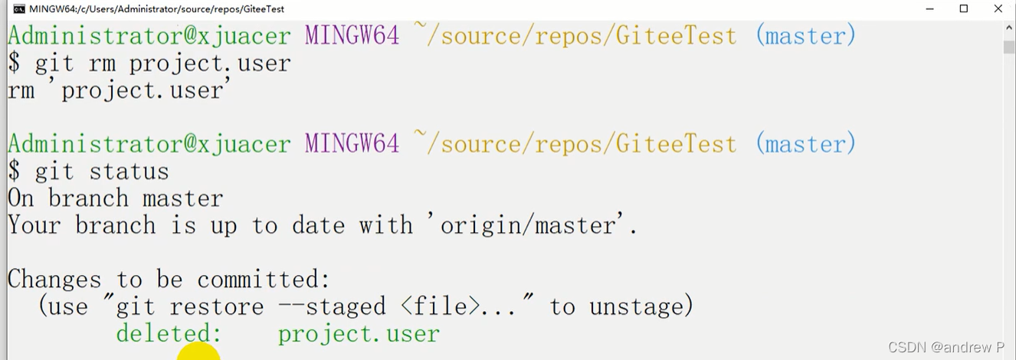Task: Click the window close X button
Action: click(998, 9)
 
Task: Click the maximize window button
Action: click(964, 9)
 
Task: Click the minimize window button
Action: click(929, 9)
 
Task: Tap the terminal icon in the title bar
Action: click(18, 9)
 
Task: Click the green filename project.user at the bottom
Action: click(359, 334)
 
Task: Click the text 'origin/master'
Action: click(529, 226)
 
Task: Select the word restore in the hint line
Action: click(217, 307)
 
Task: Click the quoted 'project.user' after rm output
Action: click(143, 90)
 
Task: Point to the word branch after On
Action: click(88, 199)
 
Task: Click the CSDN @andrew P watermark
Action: click(946, 347)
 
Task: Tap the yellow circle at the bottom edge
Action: click(198, 353)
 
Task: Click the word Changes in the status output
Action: click(54, 280)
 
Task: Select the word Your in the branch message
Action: click(34, 226)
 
